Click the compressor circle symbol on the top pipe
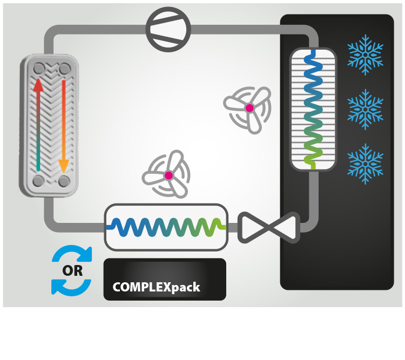click(x=169, y=29)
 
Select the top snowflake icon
click(x=366, y=55)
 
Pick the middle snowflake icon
click(x=366, y=109)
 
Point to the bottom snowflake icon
click(x=366, y=162)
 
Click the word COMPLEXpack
click(x=156, y=287)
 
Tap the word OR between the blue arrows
click(x=72, y=270)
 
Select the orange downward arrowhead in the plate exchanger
click(x=64, y=164)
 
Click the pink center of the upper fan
click(x=249, y=108)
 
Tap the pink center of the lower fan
click(x=168, y=175)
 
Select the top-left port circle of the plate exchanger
click(x=39, y=69)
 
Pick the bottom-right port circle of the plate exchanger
click(x=64, y=181)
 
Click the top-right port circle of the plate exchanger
click(x=65, y=69)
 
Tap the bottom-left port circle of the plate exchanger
click(x=39, y=181)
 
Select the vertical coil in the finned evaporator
click(x=313, y=108)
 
